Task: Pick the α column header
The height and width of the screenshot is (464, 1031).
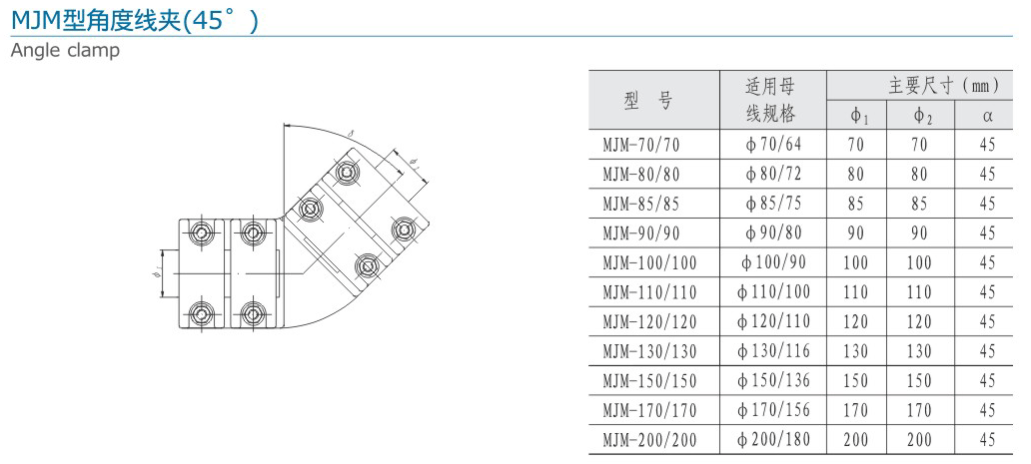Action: pyautogui.click(x=987, y=116)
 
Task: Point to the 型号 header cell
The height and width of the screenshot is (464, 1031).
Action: pyautogui.click(x=648, y=100)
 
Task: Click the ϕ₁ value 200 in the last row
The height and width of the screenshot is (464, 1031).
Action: pyautogui.click(x=856, y=439)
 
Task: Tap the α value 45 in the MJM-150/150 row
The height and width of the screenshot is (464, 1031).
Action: pyautogui.click(x=987, y=381)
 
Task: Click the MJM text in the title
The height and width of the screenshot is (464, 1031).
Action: pyautogui.click(x=34, y=20)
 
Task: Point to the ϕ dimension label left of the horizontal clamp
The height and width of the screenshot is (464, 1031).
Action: pyautogui.click(x=156, y=272)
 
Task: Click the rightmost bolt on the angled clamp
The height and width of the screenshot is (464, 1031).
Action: pyautogui.click(x=404, y=227)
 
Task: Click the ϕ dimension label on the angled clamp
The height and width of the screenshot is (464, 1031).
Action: pyautogui.click(x=414, y=159)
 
